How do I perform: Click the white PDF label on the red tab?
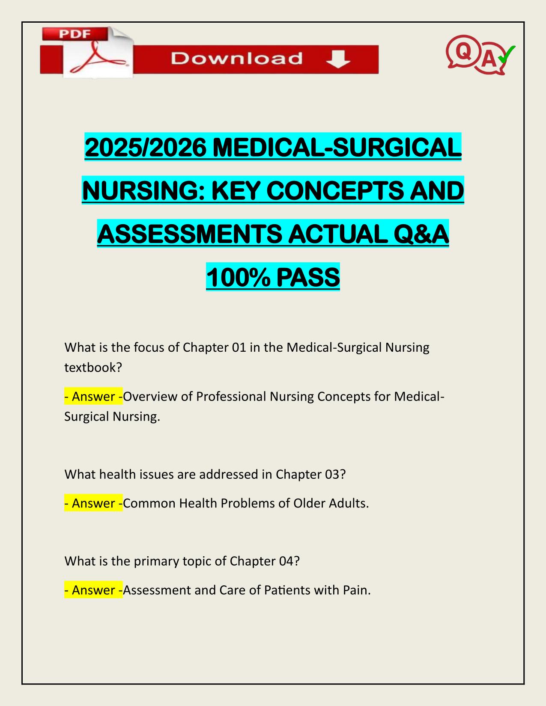coord(74,34)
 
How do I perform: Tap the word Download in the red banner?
coord(236,59)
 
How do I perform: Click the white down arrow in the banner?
coord(338,59)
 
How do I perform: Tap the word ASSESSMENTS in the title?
coord(189,234)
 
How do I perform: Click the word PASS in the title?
coord(308,277)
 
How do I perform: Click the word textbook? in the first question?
coord(93,367)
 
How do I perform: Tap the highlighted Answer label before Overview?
coord(93,397)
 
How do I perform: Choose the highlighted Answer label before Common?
coord(93,503)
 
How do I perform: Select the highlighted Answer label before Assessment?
coord(93,590)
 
